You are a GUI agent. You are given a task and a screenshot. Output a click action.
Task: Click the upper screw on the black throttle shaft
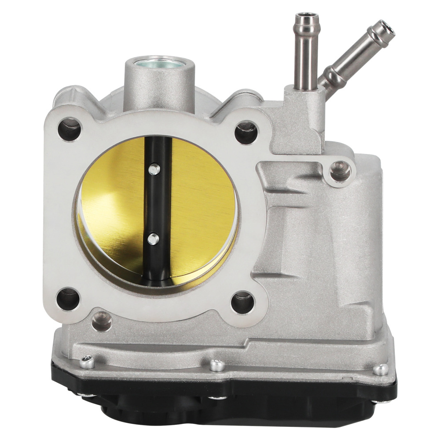coord(153,169)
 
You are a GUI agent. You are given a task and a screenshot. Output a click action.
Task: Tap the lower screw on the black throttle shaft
coord(153,239)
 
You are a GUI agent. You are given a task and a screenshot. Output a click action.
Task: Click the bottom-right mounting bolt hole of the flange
coord(243,303)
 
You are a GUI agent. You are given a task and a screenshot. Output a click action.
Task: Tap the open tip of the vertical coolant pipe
coord(304,19)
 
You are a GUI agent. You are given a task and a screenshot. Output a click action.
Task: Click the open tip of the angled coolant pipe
coord(381,29)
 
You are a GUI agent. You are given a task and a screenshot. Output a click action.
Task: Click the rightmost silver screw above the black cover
coord(382,369)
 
